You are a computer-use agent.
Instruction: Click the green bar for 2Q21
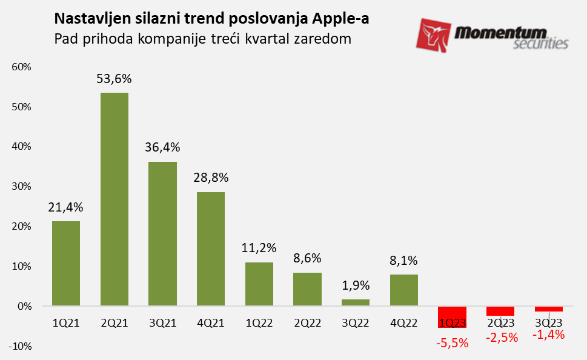coord(114,199)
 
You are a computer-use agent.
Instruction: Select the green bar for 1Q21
coord(66,264)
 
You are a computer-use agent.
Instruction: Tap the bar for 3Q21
coord(162,234)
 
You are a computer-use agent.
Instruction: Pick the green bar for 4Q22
coord(404,290)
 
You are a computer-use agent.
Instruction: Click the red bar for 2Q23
coord(500,311)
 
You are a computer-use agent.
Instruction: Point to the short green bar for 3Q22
coord(356,302)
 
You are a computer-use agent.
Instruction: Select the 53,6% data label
coord(114,79)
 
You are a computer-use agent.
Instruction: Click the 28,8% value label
coord(211,178)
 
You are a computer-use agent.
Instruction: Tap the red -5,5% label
coord(453,343)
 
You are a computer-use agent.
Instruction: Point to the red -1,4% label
coord(549,335)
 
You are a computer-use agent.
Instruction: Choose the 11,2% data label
coord(259,248)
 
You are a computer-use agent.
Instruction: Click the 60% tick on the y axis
coord(21,67)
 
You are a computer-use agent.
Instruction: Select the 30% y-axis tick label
coord(21,187)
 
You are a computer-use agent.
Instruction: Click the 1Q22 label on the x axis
coord(259,323)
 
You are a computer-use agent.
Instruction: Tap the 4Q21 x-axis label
coord(211,323)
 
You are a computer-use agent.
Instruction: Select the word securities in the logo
coord(540,44)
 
